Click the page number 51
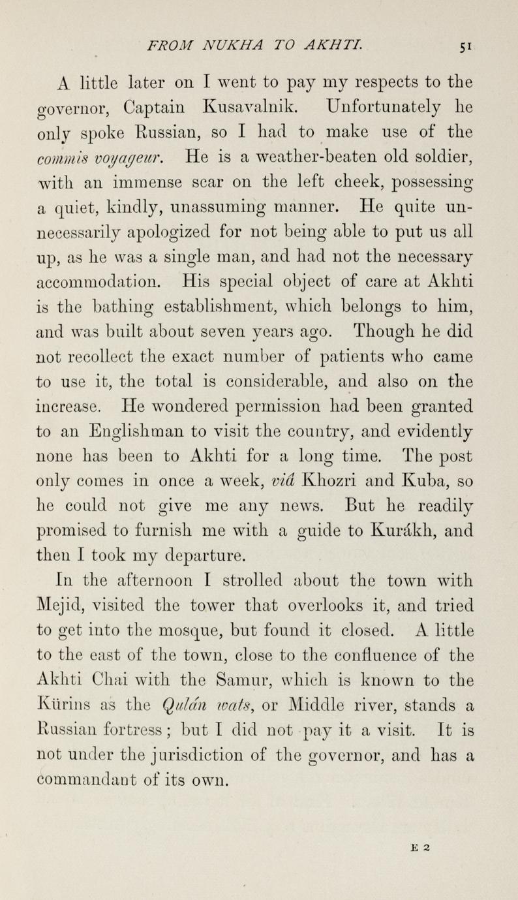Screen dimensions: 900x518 (x=465, y=46)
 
